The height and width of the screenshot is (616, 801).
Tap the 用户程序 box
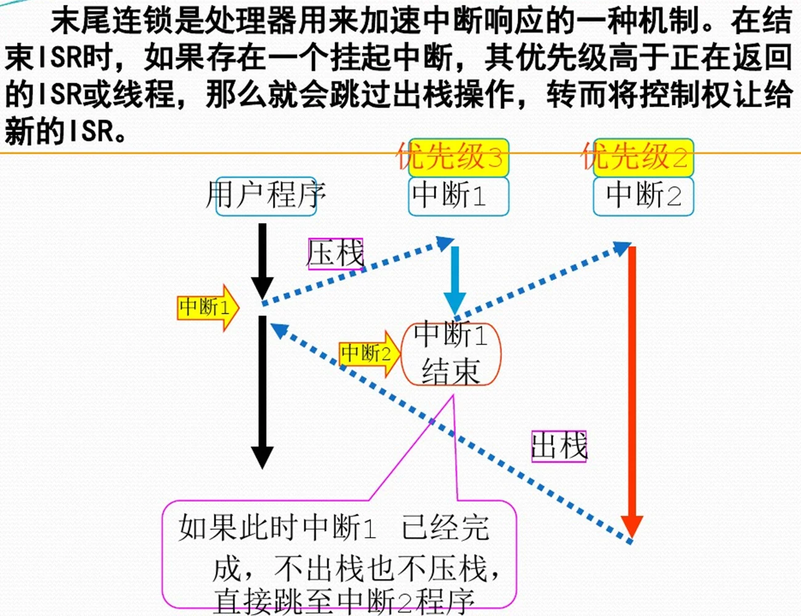[x=266, y=196]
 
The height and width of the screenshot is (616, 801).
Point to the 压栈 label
[x=335, y=253]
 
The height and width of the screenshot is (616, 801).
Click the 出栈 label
[x=559, y=446]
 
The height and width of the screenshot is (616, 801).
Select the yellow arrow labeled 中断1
[x=207, y=307]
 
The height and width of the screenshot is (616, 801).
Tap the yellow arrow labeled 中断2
[x=369, y=353]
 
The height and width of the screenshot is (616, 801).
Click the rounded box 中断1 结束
[x=451, y=354]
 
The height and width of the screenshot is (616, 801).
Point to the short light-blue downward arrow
[x=455, y=277]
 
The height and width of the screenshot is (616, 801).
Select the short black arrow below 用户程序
[x=262, y=259]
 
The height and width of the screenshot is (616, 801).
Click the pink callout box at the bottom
[x=339, y=554]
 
